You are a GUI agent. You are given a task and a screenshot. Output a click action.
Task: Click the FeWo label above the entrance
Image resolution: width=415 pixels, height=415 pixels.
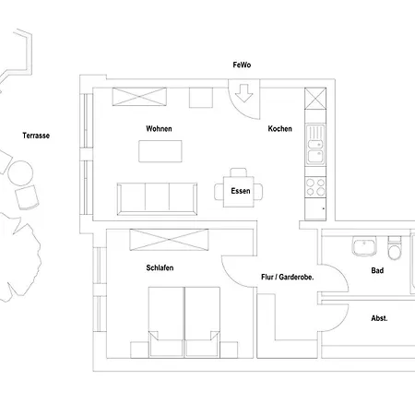click(242, 65)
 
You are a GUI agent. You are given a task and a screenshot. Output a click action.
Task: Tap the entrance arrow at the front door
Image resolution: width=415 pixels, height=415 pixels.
click(243, 93)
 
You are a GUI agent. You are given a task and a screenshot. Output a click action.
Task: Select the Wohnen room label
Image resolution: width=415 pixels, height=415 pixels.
click(159, 128)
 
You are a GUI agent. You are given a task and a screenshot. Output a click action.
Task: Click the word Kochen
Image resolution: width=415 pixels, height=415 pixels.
click(279, 128)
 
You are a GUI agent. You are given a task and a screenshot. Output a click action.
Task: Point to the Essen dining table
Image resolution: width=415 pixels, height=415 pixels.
click(239, 192)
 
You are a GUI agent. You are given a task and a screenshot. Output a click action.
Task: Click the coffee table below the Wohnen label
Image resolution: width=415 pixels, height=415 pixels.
click(160, 151)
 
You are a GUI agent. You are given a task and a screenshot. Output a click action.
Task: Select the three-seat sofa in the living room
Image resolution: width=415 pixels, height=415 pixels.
click(157, 199)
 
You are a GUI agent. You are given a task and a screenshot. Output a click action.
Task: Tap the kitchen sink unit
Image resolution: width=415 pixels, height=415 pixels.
click(315, 145)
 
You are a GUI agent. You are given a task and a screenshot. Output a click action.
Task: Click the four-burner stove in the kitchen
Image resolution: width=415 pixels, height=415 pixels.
click(315, 187)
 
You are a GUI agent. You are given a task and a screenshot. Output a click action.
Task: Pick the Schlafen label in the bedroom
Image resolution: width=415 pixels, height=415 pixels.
click(160, 267)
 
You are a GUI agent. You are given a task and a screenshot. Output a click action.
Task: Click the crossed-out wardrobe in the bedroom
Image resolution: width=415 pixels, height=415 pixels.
click(169, 240)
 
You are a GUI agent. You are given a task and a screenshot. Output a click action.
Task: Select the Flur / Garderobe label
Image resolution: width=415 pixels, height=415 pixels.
click(288, 277)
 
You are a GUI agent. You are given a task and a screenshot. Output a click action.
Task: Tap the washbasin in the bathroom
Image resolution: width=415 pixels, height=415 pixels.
click(364, 246)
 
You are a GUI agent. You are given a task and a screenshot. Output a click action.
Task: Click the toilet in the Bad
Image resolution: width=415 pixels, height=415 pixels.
click(395, 248)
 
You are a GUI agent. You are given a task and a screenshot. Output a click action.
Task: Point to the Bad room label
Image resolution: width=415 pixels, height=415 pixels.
click(377, 270)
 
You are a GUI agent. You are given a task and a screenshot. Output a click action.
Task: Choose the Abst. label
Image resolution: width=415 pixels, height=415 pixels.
click(379, 318)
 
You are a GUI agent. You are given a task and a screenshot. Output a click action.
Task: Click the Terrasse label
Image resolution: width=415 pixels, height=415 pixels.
click(36, 136)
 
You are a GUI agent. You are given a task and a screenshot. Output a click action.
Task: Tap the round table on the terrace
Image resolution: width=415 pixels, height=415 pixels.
click(20, 173)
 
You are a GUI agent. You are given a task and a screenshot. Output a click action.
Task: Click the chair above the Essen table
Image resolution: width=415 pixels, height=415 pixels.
click(239, 172)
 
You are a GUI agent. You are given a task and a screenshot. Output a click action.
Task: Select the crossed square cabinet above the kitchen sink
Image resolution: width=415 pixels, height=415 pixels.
click(315, 99)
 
